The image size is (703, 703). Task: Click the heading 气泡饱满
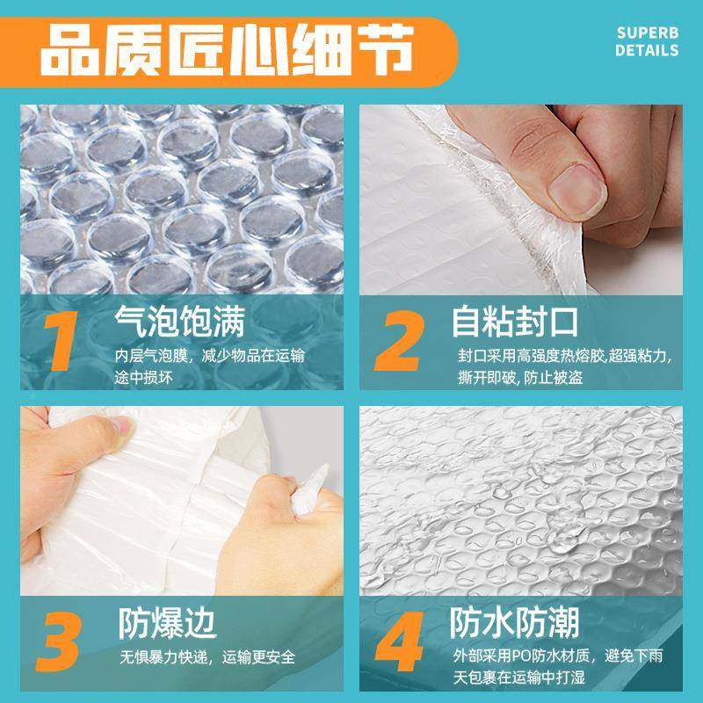click(180, 322)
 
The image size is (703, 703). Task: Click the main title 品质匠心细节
click(225, 50)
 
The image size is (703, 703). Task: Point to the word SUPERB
click(647, 33)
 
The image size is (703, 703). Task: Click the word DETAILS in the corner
click(647, 51)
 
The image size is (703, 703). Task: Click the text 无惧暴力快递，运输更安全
click(207, 657)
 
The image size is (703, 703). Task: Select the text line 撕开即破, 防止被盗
click(519, 378)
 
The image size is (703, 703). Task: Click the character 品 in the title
click(70, 50)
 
